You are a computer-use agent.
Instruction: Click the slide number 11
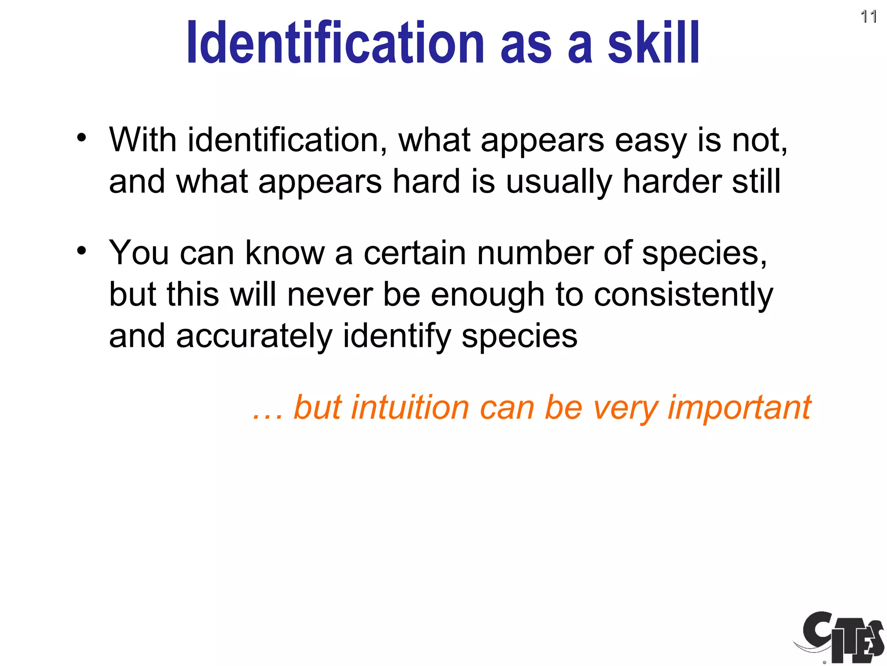tap(868, 17)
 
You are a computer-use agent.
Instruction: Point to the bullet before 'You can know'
tap(81, 251)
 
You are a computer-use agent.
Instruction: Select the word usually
tap(559, 182)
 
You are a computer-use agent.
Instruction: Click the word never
tap(330, 295)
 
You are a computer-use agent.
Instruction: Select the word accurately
tap(254, 336)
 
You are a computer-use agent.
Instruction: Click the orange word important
tap(739, 408)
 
